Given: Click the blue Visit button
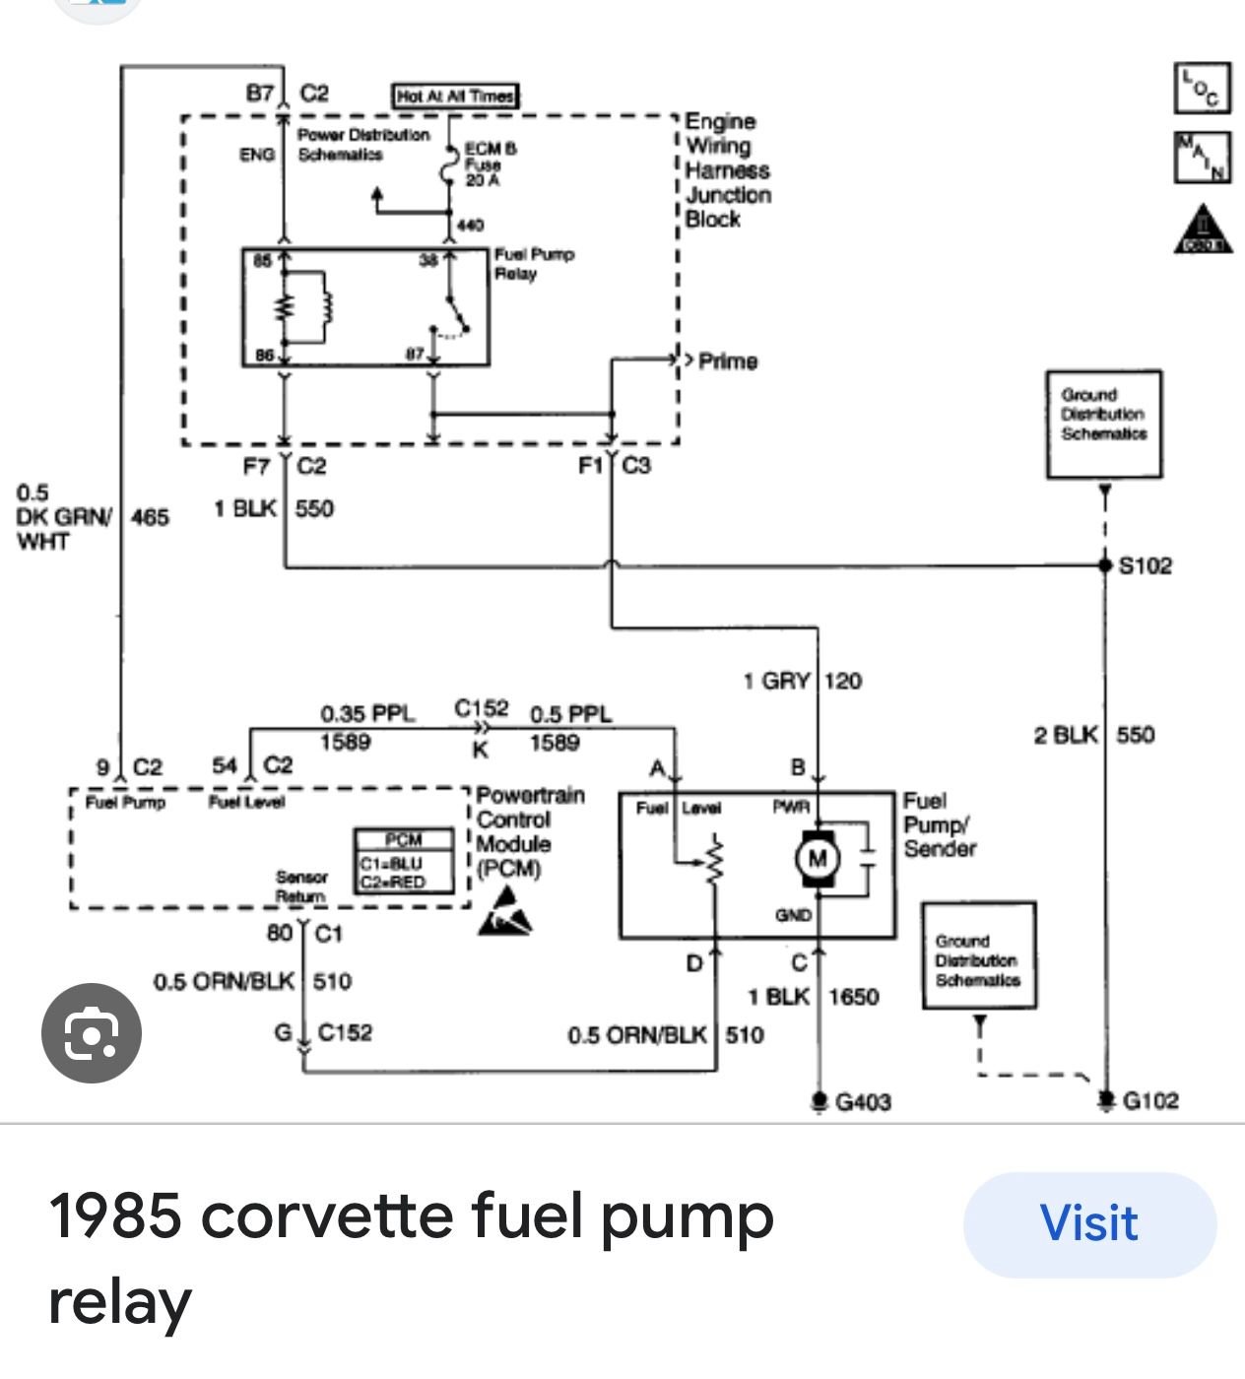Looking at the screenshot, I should [1088, 1224].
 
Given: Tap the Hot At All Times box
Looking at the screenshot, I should [455, 96].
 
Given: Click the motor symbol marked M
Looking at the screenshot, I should [817, 858].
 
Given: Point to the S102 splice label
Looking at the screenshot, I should [1146, 565].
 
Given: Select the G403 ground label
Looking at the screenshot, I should [863, 1101].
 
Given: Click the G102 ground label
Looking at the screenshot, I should [1150, 1100].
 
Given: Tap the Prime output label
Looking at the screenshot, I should [728, 361].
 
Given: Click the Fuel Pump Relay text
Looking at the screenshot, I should [533, 264].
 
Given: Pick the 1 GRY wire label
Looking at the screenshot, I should [776, 681].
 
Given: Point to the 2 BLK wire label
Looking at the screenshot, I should [1065, 735].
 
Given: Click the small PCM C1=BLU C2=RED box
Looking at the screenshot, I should [404, 861].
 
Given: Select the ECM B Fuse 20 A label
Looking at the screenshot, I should [490, 164].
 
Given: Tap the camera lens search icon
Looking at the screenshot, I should [91, 1033].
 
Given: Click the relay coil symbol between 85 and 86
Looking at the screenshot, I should [305, 308].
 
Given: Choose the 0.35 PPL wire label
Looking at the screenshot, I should [367, 713].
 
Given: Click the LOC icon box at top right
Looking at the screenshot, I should [1202, 88].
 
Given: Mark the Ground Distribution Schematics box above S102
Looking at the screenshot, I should [1103, 424].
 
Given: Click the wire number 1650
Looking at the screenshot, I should [853, 997].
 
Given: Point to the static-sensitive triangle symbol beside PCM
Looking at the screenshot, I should [505, 912].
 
